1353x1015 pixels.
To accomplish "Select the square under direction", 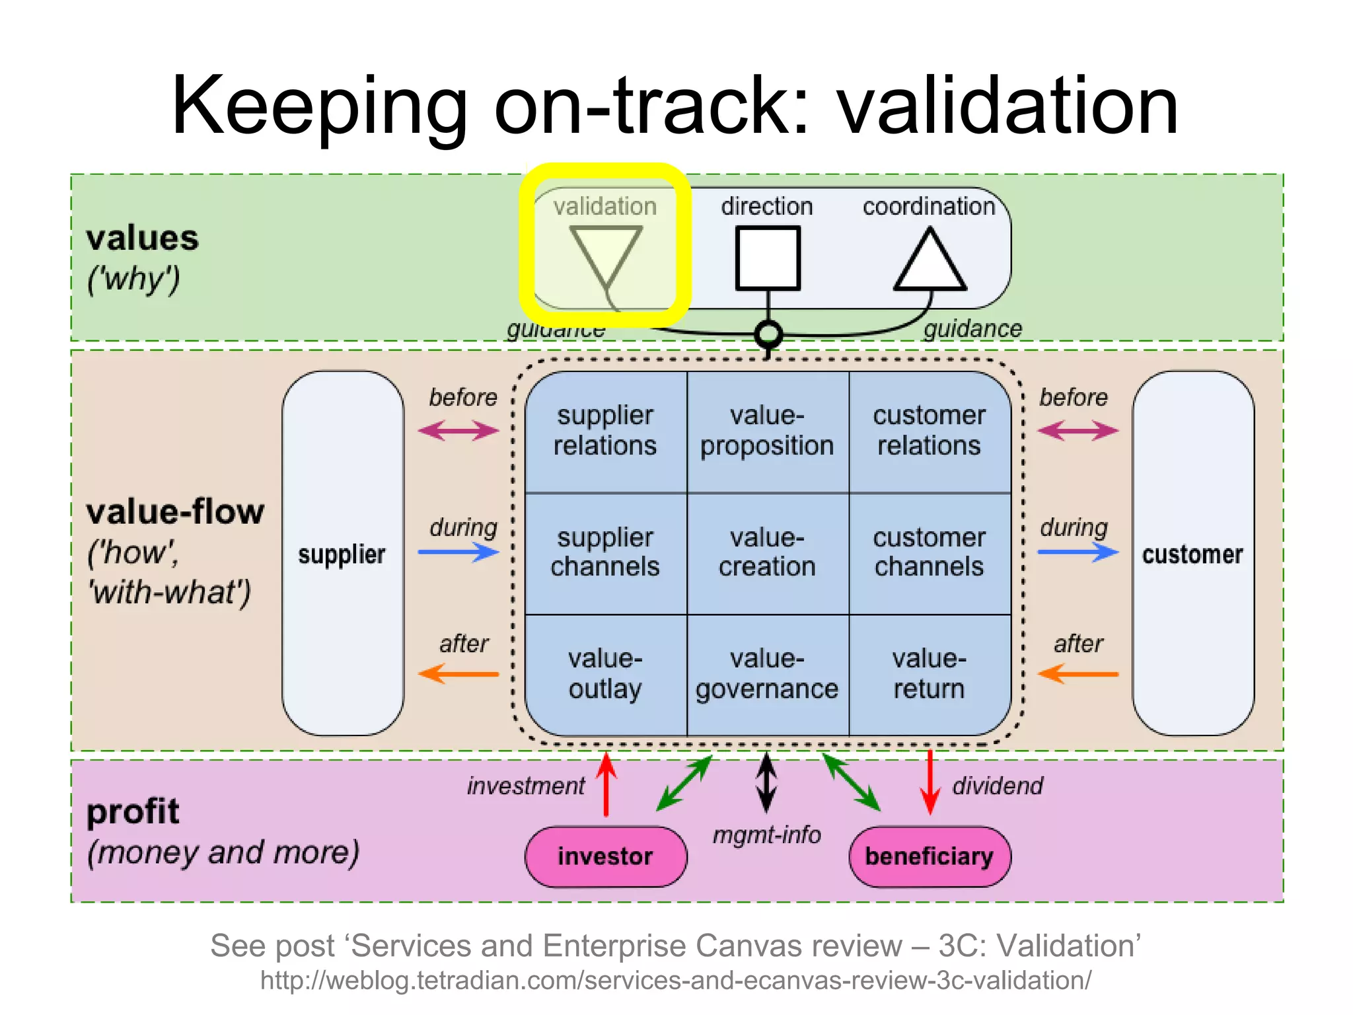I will (x=768, y=258).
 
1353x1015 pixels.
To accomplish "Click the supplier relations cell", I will (x=605, y=431).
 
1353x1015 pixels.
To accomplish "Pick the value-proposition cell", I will (x=767, y=431).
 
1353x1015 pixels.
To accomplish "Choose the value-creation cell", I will (x=767, y=552).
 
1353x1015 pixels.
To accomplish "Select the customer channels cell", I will (x=929, y=552).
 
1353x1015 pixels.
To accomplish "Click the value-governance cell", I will (x=767, y=674).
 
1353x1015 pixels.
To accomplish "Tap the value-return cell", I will (x=929, y=674).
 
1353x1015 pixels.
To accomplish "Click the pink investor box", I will (x=605, y=856).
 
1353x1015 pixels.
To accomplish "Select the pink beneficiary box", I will (x=929, y=856).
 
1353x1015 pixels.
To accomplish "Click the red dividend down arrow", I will (x=930, y=782).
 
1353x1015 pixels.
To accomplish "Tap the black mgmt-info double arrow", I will (x=766, y=782).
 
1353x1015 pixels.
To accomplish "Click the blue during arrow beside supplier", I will (x=458, y=552).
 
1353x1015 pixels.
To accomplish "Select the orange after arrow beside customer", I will (x=1078, y=674).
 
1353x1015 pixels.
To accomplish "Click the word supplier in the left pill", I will (x=342, y=554).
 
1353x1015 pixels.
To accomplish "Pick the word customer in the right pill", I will (x=1192, y=554).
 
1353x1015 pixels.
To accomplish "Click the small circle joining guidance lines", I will (x=768, y=334).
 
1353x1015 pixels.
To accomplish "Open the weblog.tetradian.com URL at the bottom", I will (x=675, y=980).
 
